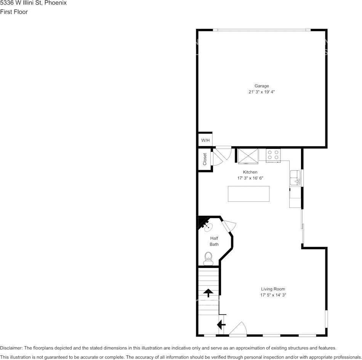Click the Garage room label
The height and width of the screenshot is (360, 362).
(x=262, y=86)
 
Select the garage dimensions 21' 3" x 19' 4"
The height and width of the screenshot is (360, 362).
(x=261, y=92)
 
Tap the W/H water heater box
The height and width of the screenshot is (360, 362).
(x=205, y=140)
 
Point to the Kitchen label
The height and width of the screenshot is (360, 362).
(x=250, y=172)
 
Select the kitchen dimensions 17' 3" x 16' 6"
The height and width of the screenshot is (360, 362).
(x=250, y=178)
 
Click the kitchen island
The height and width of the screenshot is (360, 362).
(x=248, y=194)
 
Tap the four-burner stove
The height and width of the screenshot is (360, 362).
(x=273, y=155)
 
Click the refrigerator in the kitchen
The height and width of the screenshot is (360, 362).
(x=248, y=156)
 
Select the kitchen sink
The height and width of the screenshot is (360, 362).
(x=295, y=178)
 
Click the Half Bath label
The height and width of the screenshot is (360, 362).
(x=214, y=241)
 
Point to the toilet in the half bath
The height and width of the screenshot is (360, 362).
(x=208, y=258)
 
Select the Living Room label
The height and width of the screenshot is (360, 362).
(x=273, y=289)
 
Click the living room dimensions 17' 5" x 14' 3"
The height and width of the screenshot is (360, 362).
(x=273, y=295)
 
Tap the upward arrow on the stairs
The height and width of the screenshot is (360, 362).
(x=208, y=293)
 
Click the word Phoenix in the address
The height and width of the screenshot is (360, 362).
(x=56, y=3)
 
